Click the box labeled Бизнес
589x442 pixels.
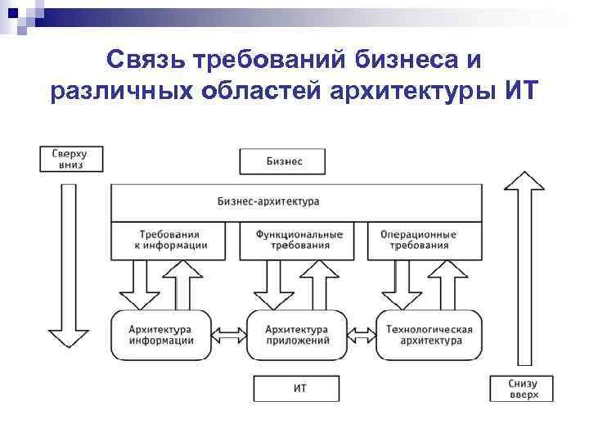coord(283,161)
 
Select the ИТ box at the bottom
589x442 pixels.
coord(296,388)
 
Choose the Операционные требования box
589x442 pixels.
coord(418,241)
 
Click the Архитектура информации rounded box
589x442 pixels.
coord(160,334)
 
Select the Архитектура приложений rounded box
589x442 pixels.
coord(296,334)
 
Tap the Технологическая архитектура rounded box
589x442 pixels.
coord(429,334)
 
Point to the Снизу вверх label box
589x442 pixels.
coord(523,389)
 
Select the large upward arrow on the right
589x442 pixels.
coord(523,270)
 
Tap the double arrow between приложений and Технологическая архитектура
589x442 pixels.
coord(362,334)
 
